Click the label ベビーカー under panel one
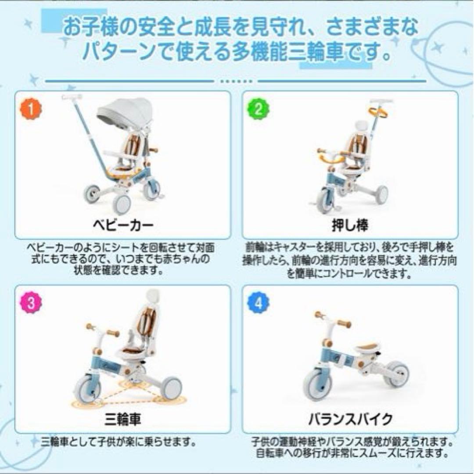[x=123, y=226]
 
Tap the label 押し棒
[x=356, y=226]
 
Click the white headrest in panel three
[x=150, y=299]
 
